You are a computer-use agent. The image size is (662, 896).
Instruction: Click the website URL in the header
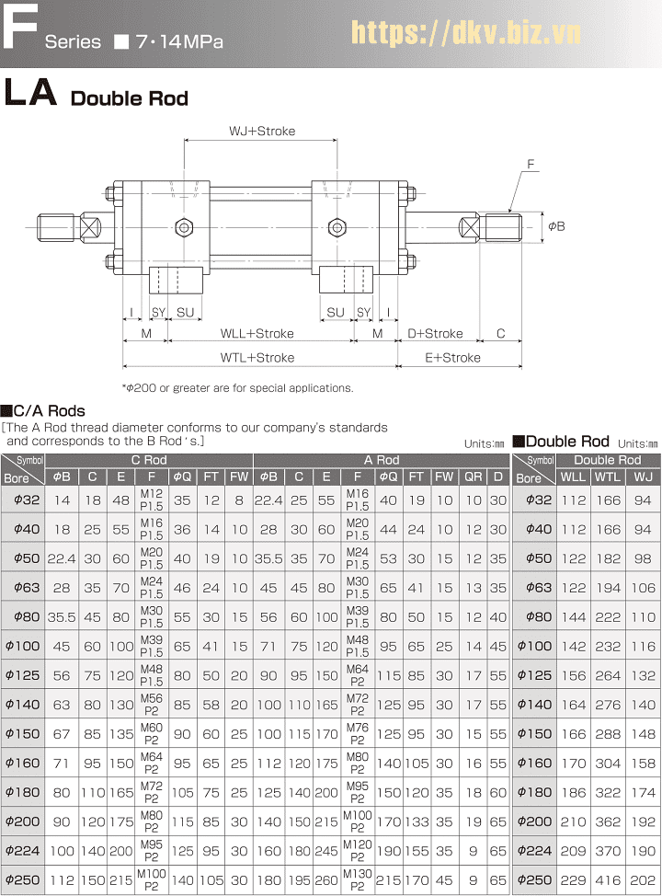coord(465,32)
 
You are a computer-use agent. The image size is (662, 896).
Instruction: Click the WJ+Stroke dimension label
coord(262,131)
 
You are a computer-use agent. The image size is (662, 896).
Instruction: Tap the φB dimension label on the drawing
coord(556,226)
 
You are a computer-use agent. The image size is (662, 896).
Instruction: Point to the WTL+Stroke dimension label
coord(257,358)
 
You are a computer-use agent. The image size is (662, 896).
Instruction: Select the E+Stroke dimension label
coord(453,358)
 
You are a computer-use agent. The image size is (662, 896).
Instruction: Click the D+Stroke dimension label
coord(435,333)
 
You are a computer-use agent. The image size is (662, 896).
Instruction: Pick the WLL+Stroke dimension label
coord(257,333)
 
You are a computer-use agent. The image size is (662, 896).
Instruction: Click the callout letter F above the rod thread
coord(531,165)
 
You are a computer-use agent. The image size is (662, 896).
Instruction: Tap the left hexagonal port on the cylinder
coord(183,227)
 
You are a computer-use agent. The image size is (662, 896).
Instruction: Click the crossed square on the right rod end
coord(470,227)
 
